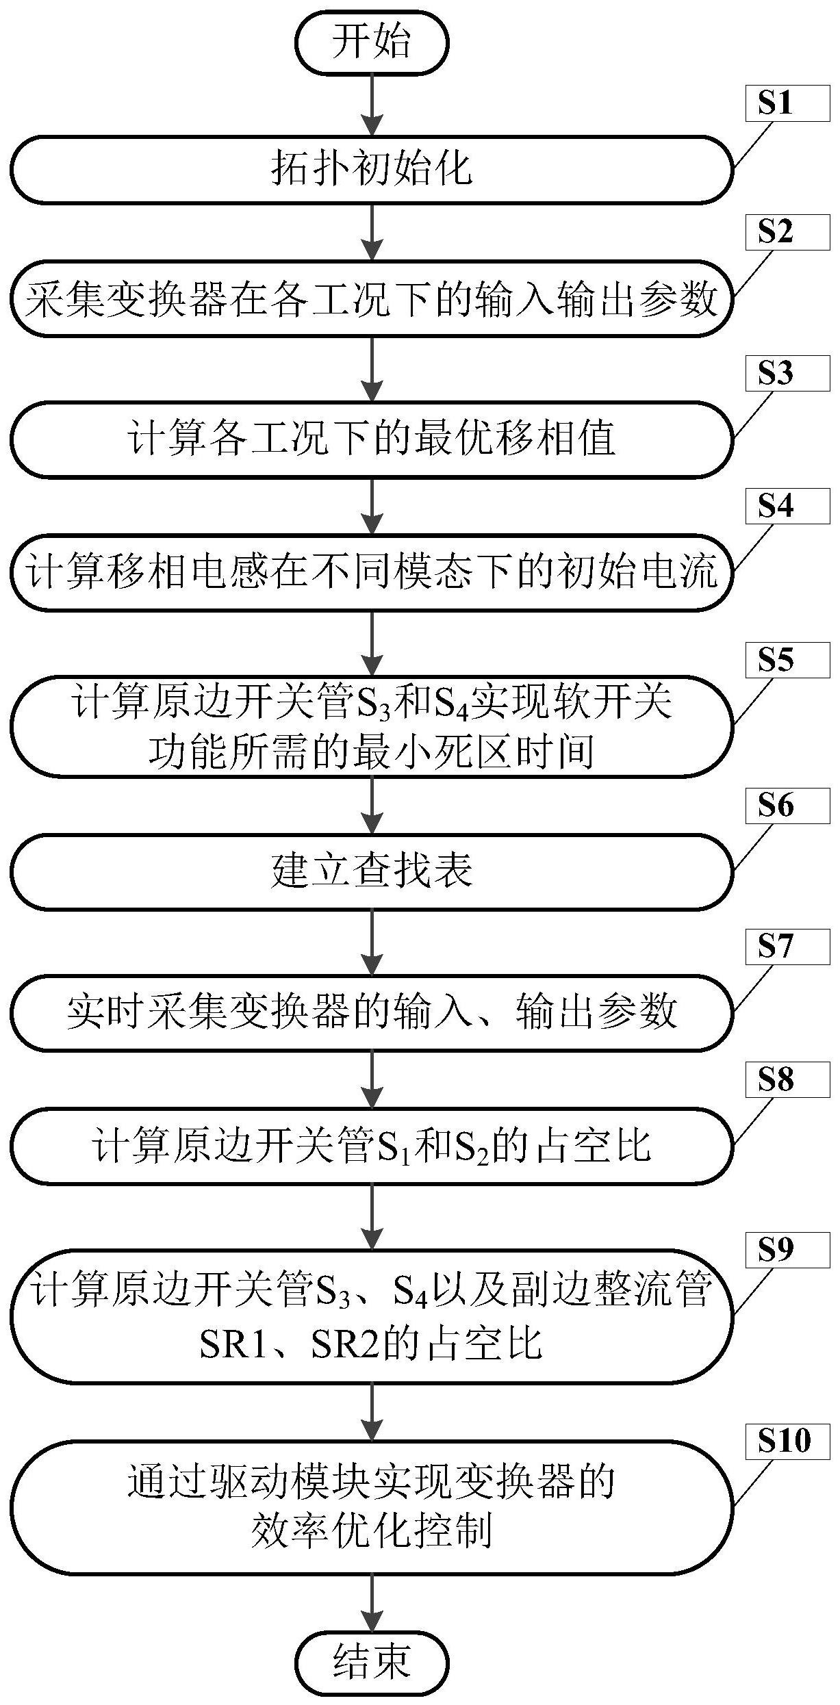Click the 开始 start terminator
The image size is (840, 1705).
pos(372,42)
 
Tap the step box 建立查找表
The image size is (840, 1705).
pos(372,871)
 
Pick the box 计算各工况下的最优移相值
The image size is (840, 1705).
pos(372,439)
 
